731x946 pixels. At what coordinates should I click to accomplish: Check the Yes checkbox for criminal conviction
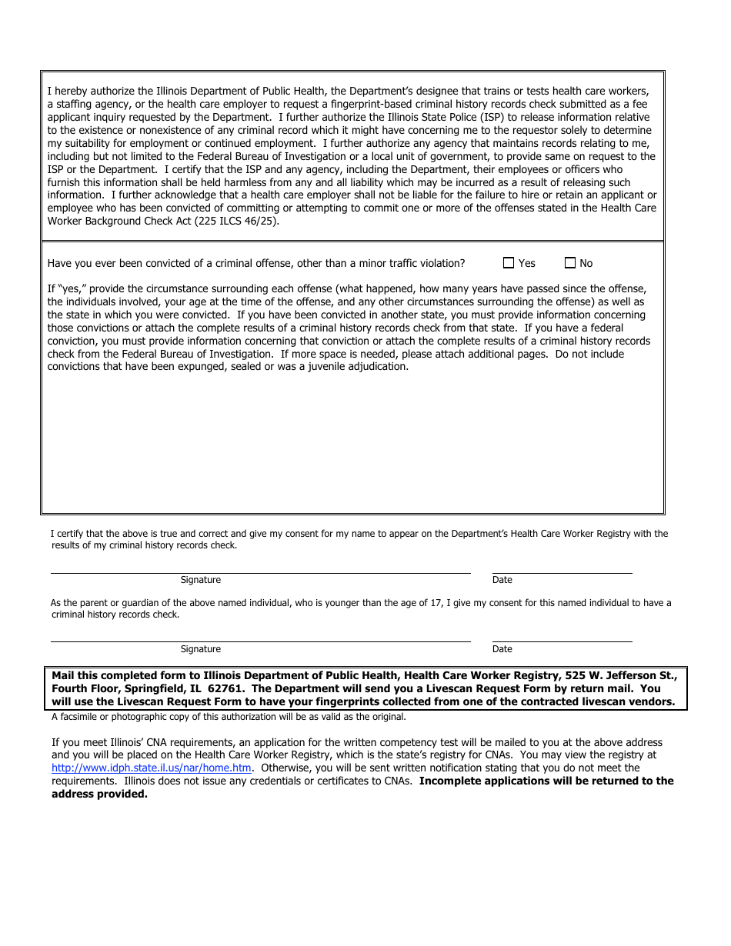509,263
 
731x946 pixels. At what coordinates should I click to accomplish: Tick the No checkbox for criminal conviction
570,263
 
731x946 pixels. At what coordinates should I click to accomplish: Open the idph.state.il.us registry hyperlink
151,768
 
